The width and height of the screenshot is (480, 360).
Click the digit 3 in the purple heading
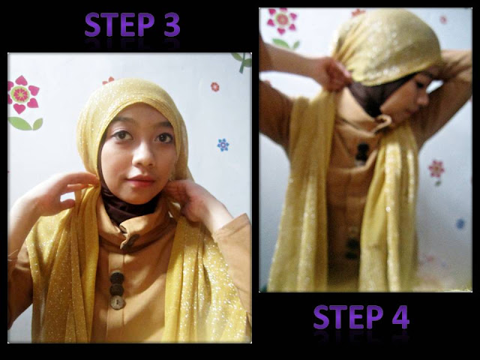pos(172,25)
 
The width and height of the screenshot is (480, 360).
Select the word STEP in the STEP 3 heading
pos(119,25)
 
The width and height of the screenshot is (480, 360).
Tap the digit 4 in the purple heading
pos(401,316)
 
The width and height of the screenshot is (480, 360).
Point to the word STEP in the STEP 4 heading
pos(348,316)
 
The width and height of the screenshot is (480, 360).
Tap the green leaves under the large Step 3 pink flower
pos(25,123)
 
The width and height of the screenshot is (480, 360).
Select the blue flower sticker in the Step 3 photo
pos(223,145)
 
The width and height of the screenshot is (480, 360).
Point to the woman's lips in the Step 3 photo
pos(139,181)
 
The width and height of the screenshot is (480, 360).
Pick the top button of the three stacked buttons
pos(117,278)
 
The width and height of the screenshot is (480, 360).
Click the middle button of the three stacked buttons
pos(117,289)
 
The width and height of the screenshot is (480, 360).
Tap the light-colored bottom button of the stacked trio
pos(118,303)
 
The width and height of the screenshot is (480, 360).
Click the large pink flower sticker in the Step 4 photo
pos(282,21)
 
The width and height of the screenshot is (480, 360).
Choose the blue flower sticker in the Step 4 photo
pos(460,223)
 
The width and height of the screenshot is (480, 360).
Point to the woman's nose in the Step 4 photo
pos(424,98)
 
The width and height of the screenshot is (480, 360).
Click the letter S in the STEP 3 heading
pos(93,25)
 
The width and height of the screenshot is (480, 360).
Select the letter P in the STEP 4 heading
pos(375,316)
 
